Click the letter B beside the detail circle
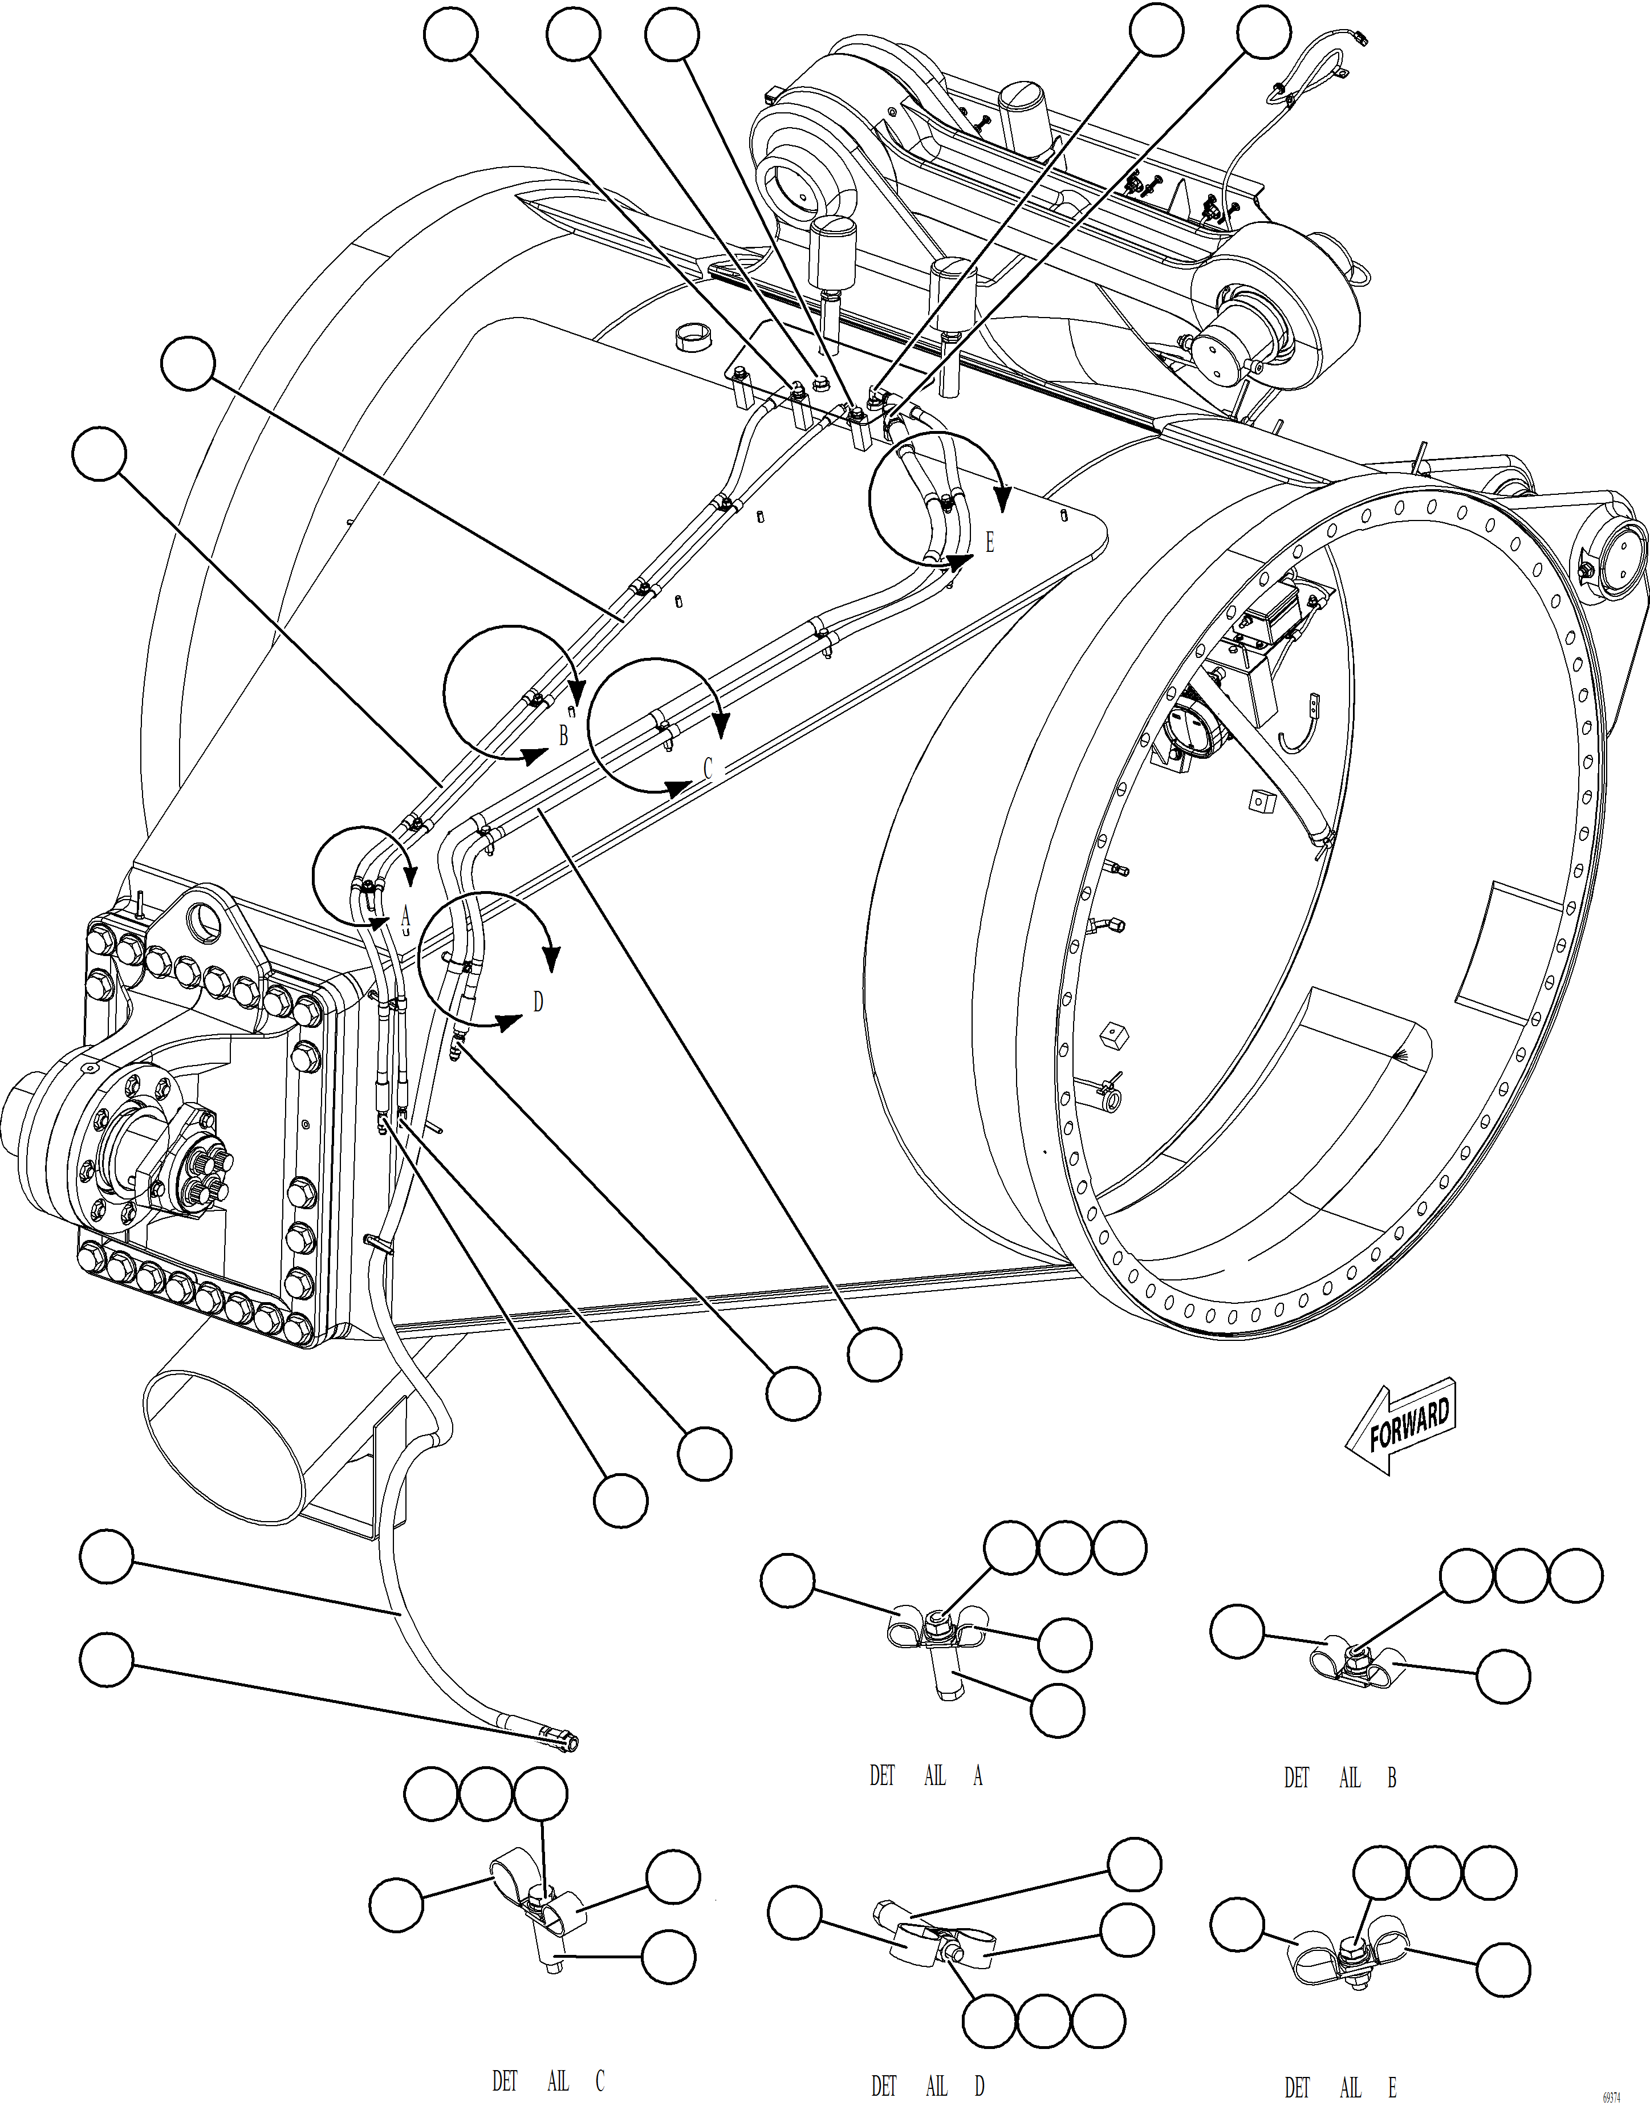[x=563, y=736]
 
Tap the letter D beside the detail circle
[x=538, y=1002]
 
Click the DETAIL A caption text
[x=925, y=1775]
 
